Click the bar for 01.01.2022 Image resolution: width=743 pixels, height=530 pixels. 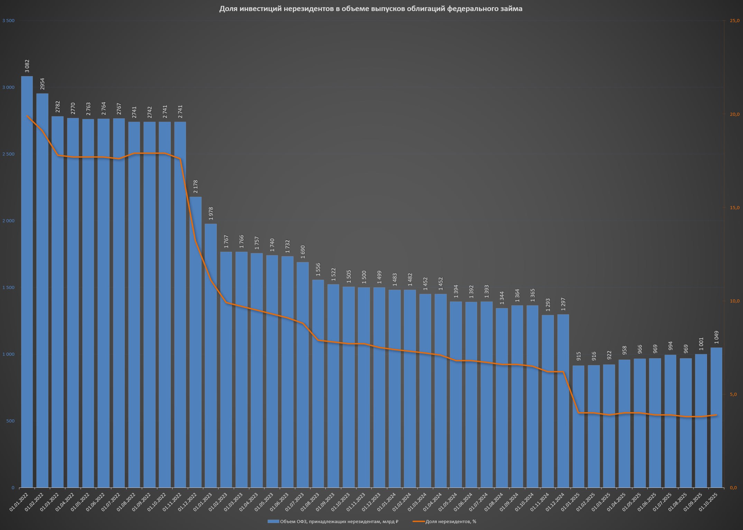(x=27, y=282)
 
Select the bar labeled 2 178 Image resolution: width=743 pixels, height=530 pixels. (x=195, y=342)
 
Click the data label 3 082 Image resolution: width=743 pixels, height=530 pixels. (x=27, y=66)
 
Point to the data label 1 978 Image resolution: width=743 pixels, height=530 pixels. (x=211, y=214)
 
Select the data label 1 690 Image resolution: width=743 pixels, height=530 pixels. (x=303, y=252)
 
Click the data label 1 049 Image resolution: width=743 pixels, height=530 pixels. (x=716, y=337)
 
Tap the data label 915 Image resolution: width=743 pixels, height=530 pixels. (x=579, y=356)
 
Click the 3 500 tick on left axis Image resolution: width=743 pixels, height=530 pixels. (x=8, y=21)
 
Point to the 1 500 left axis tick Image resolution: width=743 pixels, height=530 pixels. (x=8, y=288)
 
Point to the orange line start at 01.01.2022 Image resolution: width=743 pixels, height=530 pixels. (x=27, y=116)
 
